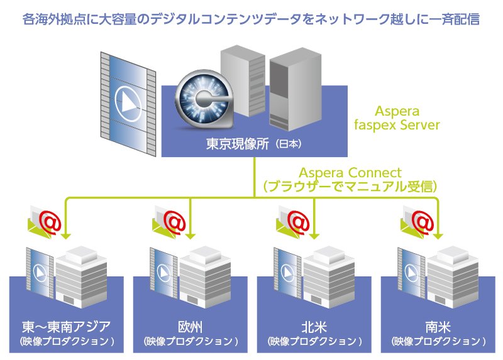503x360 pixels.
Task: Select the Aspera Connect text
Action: tap(350, 172)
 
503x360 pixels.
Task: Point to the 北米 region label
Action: tap(314, 326)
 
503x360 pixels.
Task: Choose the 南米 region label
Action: tap(438, 326)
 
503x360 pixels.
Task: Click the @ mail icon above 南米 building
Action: tap(419, 221)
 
